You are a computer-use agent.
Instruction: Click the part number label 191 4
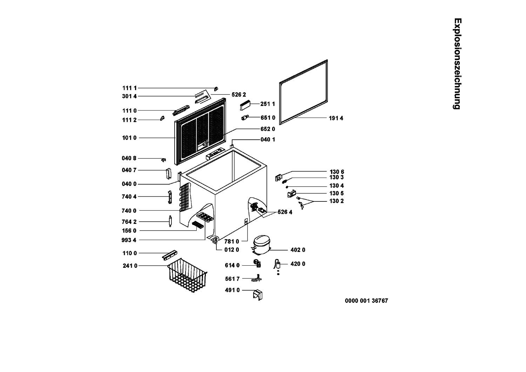tap(336, 118)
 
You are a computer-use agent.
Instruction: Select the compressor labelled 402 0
tap(261, 245)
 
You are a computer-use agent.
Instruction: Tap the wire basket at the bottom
tap(187, 275)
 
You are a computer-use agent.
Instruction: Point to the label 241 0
tap(130, 266)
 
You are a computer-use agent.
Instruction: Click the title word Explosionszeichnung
tap(457, 64)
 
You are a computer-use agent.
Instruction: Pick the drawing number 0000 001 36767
tap(366, 301)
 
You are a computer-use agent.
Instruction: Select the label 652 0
tap(268, 129)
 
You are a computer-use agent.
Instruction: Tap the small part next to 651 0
tap(245, 118)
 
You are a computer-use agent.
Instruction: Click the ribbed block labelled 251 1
tap(245, 105)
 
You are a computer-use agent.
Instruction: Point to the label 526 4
tap(285, 212)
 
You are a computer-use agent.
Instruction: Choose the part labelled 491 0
tap(258, 295)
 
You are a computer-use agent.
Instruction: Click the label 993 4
tap(129, 240)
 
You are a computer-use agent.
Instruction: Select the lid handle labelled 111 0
tap(181, 111)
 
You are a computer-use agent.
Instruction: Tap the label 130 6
tap(337, 172)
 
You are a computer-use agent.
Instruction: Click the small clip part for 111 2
tap(162, 118)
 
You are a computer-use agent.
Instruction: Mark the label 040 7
tap(129, 170)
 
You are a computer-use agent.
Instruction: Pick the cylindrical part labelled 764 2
tap(170, 221)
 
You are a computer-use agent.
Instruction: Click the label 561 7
tap(232, 279)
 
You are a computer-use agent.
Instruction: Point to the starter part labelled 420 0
tap(277, 266)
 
